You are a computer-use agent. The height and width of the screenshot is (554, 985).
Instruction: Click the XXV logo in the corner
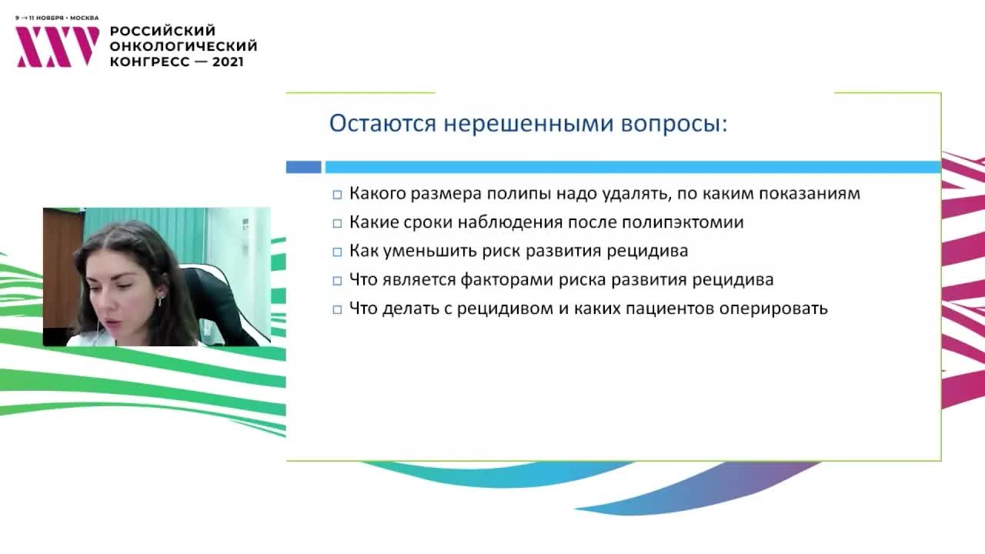click(58, 47)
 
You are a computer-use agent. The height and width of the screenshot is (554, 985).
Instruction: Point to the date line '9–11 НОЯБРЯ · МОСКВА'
click(57, 17)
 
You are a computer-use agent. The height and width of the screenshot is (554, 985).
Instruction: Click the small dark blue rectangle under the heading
click(303, 167)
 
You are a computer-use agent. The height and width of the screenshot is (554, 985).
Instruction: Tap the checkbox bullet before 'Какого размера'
click(337, 195)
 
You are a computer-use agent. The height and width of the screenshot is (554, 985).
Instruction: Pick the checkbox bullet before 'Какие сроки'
click(337, 223)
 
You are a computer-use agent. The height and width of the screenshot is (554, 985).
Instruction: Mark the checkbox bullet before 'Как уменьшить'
click(337, 252)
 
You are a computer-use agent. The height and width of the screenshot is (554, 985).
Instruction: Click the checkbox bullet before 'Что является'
click(337, 280)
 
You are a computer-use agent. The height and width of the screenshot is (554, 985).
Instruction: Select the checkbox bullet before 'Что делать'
click(337, 309)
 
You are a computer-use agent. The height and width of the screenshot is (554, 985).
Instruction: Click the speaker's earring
click(160, 300)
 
